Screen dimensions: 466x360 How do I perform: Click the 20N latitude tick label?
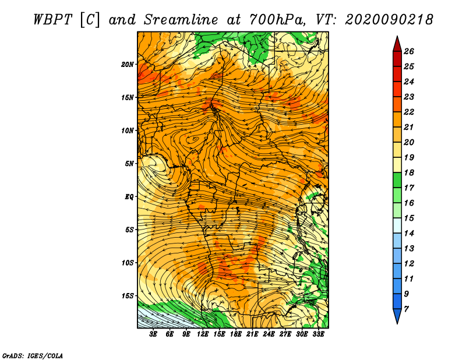pyautogui.click(x=128, y=64)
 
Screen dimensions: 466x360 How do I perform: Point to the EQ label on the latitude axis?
pyautogui.click(x=129, y=196)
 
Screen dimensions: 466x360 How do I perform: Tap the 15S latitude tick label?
pyautogui.click(x=128, y=296)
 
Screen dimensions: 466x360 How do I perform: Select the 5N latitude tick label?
pyautogui.click(x=129, y=164)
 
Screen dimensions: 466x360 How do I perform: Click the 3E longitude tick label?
pyautogui.click(x=153, y=334)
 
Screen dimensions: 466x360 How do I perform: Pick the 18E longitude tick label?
pyautogui.click(x=235, y=334)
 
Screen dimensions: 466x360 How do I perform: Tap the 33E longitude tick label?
pyautogui.click(x=318, y=334)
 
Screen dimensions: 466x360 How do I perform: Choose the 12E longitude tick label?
pyautogui.click(x=202, y=334)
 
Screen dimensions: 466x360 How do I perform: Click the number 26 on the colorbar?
pyautogui.click(x=409, y=51)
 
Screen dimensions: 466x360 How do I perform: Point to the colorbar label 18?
pyautogui.click(x=409, y=172)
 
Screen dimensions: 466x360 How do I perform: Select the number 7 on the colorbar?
pyautogui.click(x=406, y=309)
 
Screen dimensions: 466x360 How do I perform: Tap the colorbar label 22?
pyautogui.click(x=409, y=112)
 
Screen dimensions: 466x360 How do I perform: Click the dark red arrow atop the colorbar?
pyautogui.click(x=397, y=44)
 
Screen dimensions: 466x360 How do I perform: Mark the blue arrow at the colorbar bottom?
pyautogui.click(x=397, y=316)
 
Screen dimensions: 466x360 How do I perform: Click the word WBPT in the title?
pyautogui.click(x=52, y=20)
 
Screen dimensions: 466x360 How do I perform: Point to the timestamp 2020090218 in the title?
pyautogui.click(x=389, y=20)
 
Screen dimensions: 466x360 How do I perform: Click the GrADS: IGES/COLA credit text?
pyautogui.click(x=33, y=355)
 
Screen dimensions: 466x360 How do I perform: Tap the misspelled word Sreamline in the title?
pyautogui.click(x=181, y=20)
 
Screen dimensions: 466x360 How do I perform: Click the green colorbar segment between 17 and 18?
pyautogui.click(x=397, y=180)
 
